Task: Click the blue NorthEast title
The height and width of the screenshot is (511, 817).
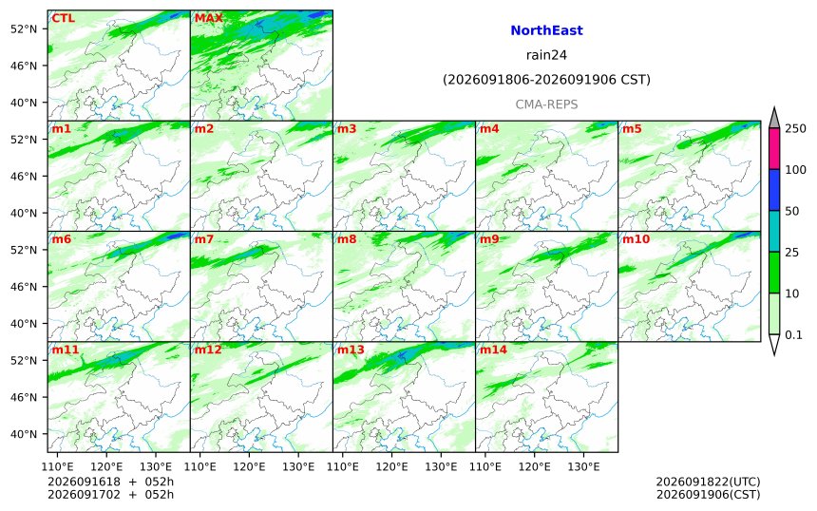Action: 546,30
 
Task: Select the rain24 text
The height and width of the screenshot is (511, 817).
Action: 546,55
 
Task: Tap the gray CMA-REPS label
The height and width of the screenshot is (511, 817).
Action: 546,104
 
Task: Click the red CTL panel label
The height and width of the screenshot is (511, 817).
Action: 63,19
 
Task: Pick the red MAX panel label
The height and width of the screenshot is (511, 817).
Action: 208,19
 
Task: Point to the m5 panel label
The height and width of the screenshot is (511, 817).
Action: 632,128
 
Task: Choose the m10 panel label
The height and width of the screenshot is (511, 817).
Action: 636,239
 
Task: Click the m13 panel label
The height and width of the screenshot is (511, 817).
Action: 351,350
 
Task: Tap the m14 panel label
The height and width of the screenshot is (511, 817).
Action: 493,350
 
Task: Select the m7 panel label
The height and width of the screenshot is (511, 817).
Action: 204,239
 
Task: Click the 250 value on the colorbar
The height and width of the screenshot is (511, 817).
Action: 795,128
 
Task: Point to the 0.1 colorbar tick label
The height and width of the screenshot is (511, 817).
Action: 793,335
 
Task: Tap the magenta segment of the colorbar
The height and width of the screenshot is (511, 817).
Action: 774,148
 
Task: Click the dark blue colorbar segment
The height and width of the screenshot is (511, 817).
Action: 774,190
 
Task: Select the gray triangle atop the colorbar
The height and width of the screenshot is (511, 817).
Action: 774,118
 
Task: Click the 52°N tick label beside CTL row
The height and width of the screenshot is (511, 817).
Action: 24,28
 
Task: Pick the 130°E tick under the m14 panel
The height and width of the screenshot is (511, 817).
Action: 584,466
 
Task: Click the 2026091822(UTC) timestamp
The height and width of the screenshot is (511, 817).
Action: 708,482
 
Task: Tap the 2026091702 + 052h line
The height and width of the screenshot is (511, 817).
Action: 110,494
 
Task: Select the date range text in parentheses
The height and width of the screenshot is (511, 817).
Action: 546,80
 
